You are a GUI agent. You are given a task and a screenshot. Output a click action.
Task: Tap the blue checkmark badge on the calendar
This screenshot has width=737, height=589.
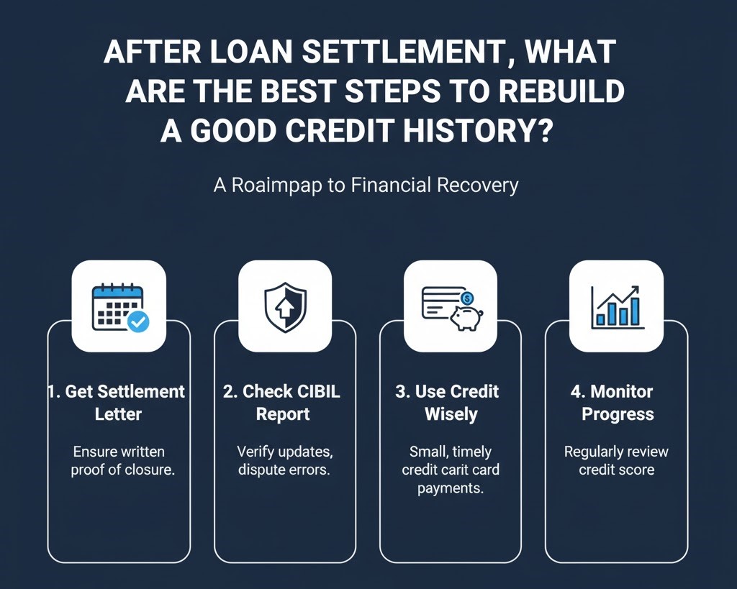click(x=137, y=321)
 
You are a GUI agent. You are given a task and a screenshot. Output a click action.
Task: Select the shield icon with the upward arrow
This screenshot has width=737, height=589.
click(x=285, y=306)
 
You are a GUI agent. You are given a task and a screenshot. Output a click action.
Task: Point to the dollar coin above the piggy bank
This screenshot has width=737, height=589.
click(x=467, y=296)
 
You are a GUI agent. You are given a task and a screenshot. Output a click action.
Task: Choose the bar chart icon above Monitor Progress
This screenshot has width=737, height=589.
click(x=616, y=306)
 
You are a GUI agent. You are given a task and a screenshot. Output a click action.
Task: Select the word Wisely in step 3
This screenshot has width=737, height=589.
click(x=451, y=414)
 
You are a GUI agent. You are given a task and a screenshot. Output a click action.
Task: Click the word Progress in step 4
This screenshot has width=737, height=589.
click(x=618, y=414)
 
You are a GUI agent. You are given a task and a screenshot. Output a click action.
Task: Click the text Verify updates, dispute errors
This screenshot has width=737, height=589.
click(x=285, y=461)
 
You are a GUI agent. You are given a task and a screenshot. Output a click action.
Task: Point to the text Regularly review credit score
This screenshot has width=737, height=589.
click(x=616, y=461)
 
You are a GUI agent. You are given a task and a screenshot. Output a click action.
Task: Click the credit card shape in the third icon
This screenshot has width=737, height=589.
click(x=440, y=303)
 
